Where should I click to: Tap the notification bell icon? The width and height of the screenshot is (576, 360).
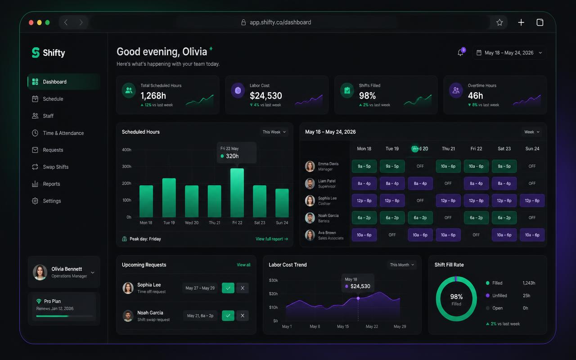(x=460, y=53)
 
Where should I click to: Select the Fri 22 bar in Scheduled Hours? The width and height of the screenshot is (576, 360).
(x=237, y=193)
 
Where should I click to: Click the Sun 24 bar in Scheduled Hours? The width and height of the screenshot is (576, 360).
(x=282, y=203)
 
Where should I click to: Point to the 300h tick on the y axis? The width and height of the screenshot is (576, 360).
(x=126, y=166)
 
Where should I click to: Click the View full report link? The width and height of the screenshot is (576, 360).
(x=272, y=239)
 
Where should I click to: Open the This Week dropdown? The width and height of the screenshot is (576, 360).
(x=274, y=132)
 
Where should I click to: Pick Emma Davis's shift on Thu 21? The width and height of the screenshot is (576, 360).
(x=448, y=166)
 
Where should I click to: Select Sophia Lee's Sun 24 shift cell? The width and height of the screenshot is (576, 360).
(x=532, y=201)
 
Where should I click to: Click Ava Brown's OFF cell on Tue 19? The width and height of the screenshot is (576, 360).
(x=392, y=235)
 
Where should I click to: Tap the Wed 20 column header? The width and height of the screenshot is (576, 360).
(x=420, y=148)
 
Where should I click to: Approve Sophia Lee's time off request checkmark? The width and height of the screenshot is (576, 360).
(x=228, y=288)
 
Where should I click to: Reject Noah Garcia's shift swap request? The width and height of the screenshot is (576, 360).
(x=243, y=315)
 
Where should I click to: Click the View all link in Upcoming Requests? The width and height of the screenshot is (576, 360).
(x=243, y=265)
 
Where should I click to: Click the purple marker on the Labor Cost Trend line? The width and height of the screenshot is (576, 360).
(x=358, y=298)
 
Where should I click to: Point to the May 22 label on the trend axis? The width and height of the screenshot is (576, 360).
(x=372, y=326)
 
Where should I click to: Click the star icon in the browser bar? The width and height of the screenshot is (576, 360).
(x=499, y=22)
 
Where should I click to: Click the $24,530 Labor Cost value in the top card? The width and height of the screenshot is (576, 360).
(x=266, y=96)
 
